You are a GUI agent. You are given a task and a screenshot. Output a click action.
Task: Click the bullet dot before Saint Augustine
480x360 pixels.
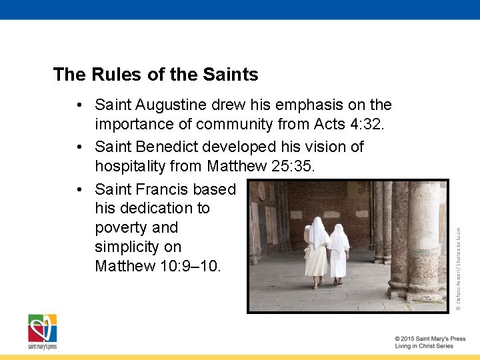pos(79,105)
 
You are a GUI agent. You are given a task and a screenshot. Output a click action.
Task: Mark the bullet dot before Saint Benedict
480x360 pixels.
pos(79,147)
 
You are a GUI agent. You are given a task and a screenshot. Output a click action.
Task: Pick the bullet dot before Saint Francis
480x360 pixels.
pos(79,189)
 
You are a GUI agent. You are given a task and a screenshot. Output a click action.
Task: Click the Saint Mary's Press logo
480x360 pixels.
pos(42,331)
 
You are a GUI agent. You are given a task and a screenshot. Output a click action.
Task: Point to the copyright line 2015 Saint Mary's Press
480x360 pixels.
pos(429,339)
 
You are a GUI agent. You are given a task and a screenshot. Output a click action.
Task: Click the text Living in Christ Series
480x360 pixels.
pos(423,347)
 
